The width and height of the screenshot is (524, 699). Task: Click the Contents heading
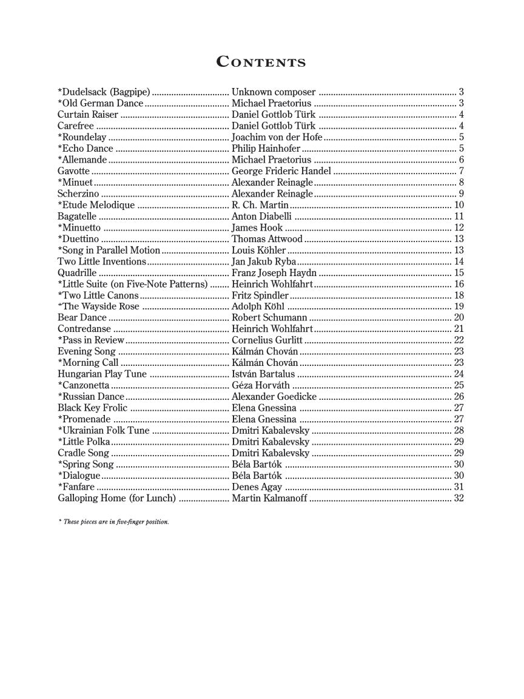click(x=261, y=62)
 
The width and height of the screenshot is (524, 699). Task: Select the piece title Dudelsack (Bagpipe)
click(x=104, y=92)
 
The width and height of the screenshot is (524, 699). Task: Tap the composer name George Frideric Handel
click(x=281, y=171)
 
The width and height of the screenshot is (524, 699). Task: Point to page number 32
click(x=458, y=498)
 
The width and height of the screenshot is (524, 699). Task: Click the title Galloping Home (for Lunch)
click(x=116, y=498)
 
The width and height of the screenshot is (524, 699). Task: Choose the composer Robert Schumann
click(x=269, y=317)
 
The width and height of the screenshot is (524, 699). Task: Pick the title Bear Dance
click(x=82, y=317)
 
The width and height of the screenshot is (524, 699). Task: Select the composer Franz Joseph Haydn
click(x=275, y=272)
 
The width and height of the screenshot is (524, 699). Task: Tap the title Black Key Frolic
click(x=92, y=408)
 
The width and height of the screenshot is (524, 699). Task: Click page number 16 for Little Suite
click(x=458, y=284)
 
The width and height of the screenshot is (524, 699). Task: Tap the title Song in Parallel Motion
click(x=109, y=250)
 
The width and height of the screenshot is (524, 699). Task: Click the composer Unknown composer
click(x=274, y=92)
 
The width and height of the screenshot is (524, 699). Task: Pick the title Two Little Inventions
click(x=102, y=262)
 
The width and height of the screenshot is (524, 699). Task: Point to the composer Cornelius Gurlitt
click(x=267, y=340)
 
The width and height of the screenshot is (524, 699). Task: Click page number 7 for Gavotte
click(x=462, y=171)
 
